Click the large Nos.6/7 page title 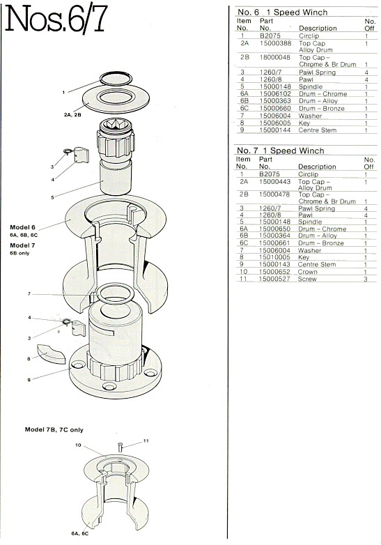(56, 20)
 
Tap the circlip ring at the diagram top (116, 74)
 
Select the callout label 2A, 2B (72, 114)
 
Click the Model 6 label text (22, 227)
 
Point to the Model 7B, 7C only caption (54, 429)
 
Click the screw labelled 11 (120, 447)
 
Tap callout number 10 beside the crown (78, 445)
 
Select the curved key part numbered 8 (52, 353)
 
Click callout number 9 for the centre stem (29, 380)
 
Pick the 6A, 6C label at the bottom (80, 534)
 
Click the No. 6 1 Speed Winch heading (282, 12)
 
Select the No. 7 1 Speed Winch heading (280, 151)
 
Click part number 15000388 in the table (275, 43)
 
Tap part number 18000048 (275, 57)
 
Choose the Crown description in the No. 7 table (307, 272)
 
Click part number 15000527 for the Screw (274, 279)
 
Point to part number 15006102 (275, 94)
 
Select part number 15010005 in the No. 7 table (274, 257)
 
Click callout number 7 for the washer (29, 294)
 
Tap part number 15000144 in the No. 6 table (275, 130)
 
